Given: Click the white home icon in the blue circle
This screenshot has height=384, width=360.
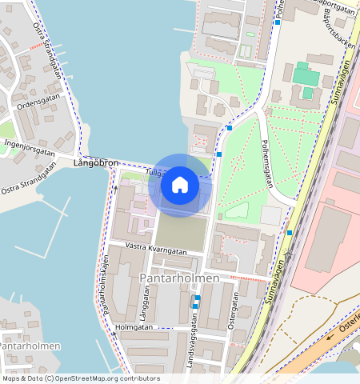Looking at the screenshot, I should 180,185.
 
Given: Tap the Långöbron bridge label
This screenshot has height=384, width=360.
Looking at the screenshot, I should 95,163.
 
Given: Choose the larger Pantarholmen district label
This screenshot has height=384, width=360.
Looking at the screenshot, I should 179,278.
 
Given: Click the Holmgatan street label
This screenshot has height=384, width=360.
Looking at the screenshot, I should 134,326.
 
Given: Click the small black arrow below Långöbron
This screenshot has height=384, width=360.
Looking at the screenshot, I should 114,188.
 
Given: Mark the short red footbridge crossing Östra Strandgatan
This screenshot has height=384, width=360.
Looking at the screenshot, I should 36,46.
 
